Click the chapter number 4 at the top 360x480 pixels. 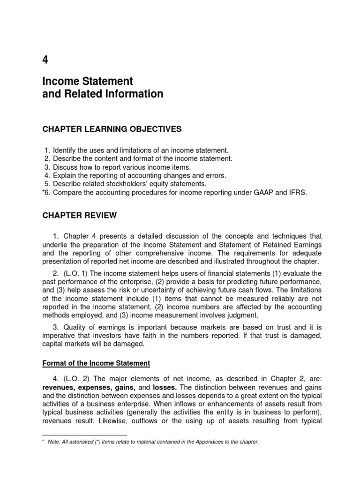click(45, 60)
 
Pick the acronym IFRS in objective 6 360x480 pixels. click(297, 193)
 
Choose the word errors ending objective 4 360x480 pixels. click(216, 176)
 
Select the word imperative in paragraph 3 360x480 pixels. click(60, 336)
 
